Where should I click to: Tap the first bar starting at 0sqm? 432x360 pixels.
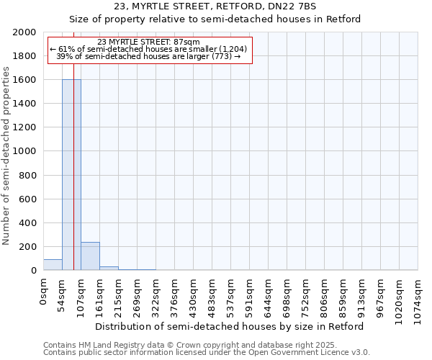tap(53, 265)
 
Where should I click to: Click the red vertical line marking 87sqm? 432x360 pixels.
tap(74, 180)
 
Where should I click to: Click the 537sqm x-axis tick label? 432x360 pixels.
tap(230, 295)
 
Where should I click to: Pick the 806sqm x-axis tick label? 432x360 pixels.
tap(324, 295)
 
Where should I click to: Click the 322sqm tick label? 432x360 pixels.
tap(156, 295)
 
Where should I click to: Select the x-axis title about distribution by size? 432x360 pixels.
tap(230, 326)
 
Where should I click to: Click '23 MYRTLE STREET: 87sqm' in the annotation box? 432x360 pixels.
tap(148, 42)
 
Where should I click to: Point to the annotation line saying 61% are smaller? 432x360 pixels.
tap(148, 49)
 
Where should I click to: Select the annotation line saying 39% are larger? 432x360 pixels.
tap(148, 56)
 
